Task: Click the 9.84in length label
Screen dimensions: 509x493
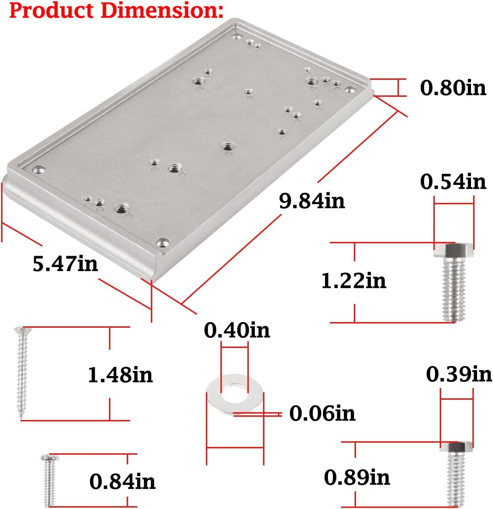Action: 312,201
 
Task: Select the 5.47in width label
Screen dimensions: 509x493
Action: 65,264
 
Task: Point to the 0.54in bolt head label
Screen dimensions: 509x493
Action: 453,182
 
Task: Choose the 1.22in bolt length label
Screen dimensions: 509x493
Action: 354,281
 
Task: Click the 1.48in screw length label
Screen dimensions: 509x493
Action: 120,375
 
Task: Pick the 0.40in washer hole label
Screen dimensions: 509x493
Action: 237,330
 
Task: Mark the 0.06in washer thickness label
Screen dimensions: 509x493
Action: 322,413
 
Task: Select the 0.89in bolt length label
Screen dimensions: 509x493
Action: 357,477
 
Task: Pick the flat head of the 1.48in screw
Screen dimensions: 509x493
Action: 22,330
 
